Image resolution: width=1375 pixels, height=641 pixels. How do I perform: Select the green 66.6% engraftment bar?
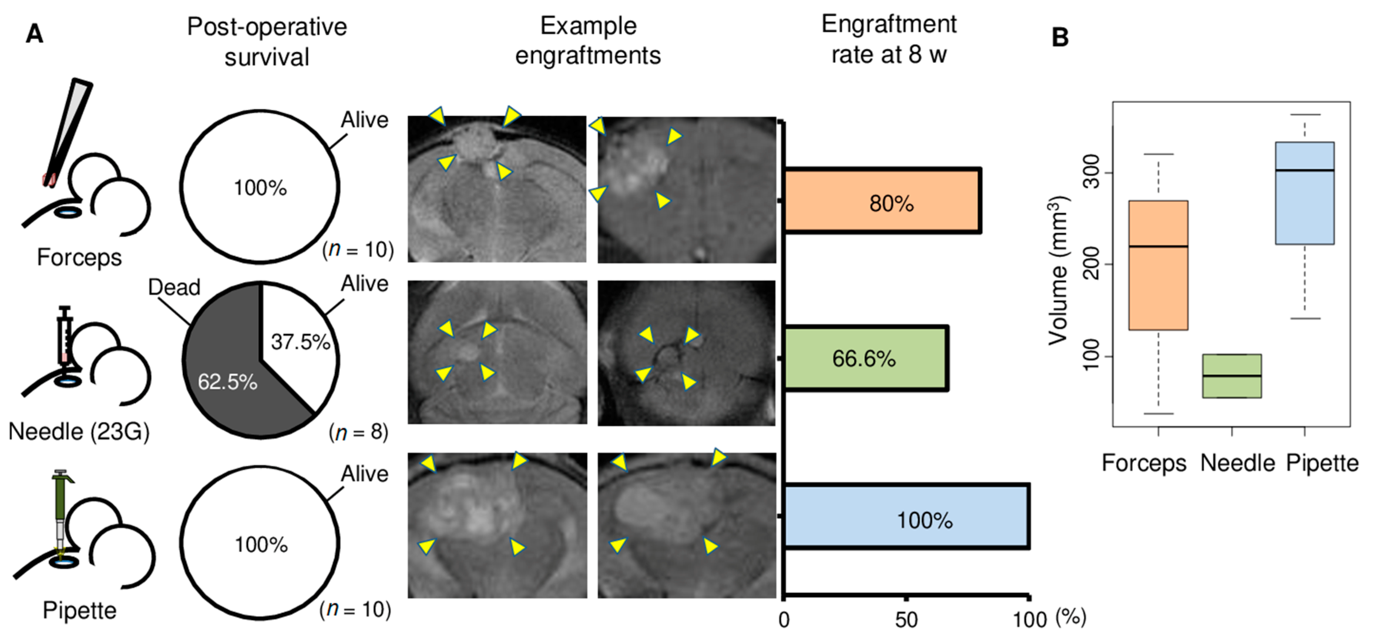[865, 358]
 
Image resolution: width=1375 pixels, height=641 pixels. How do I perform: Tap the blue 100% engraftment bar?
[906, 517]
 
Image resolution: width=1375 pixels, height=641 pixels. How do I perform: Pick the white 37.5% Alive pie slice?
[296, 342]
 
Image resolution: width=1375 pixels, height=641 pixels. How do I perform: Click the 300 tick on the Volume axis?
[1091, 172]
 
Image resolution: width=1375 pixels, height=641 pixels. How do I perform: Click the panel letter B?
[1060, 37]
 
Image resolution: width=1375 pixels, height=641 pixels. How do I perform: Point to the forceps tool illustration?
[68, 131]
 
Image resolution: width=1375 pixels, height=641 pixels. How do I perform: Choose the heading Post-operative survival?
[267, 41]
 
